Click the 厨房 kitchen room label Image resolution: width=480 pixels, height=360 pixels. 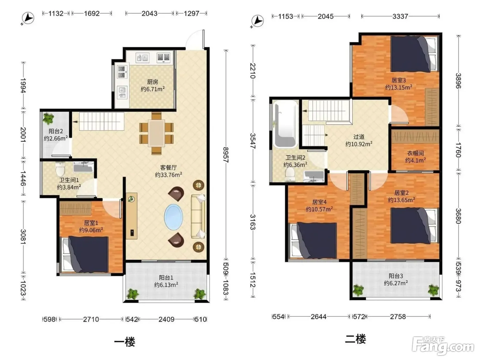[x=153, y=82]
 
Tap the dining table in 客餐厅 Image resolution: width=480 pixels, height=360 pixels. [x=156, y=133]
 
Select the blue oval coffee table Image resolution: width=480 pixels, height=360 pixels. [x=173, y=217]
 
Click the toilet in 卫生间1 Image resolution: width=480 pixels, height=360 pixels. [x=60, y=169]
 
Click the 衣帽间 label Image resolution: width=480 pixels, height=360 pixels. [x=415, y=153]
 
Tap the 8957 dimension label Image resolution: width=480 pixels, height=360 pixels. [x=226, y=155]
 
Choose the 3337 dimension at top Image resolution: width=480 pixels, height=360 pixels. [x=400, y=16]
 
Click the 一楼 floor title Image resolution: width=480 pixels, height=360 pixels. [x=125, y=342]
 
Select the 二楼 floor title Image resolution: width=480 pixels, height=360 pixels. [x=355, y=339]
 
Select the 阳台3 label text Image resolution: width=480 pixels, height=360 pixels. [x=396, y=276]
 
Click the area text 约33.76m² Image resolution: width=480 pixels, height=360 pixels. [x=168, y=175]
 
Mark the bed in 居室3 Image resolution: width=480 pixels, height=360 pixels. [x=415, y=54]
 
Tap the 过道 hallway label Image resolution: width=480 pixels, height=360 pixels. [x=359, y=137]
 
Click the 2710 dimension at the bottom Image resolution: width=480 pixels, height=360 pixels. [x=91, y=319]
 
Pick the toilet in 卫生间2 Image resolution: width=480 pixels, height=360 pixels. [x=290, y=175]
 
